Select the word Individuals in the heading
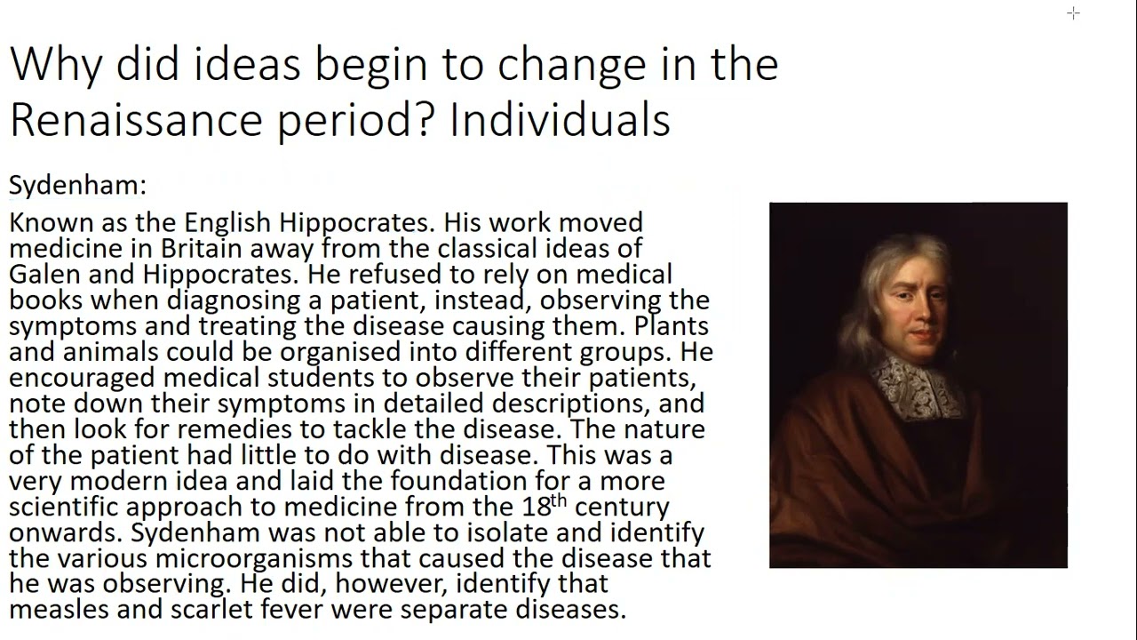(560, 120)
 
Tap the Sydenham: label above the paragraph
(77, 185)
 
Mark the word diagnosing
(235, 300)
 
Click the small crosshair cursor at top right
(1073, 12)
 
